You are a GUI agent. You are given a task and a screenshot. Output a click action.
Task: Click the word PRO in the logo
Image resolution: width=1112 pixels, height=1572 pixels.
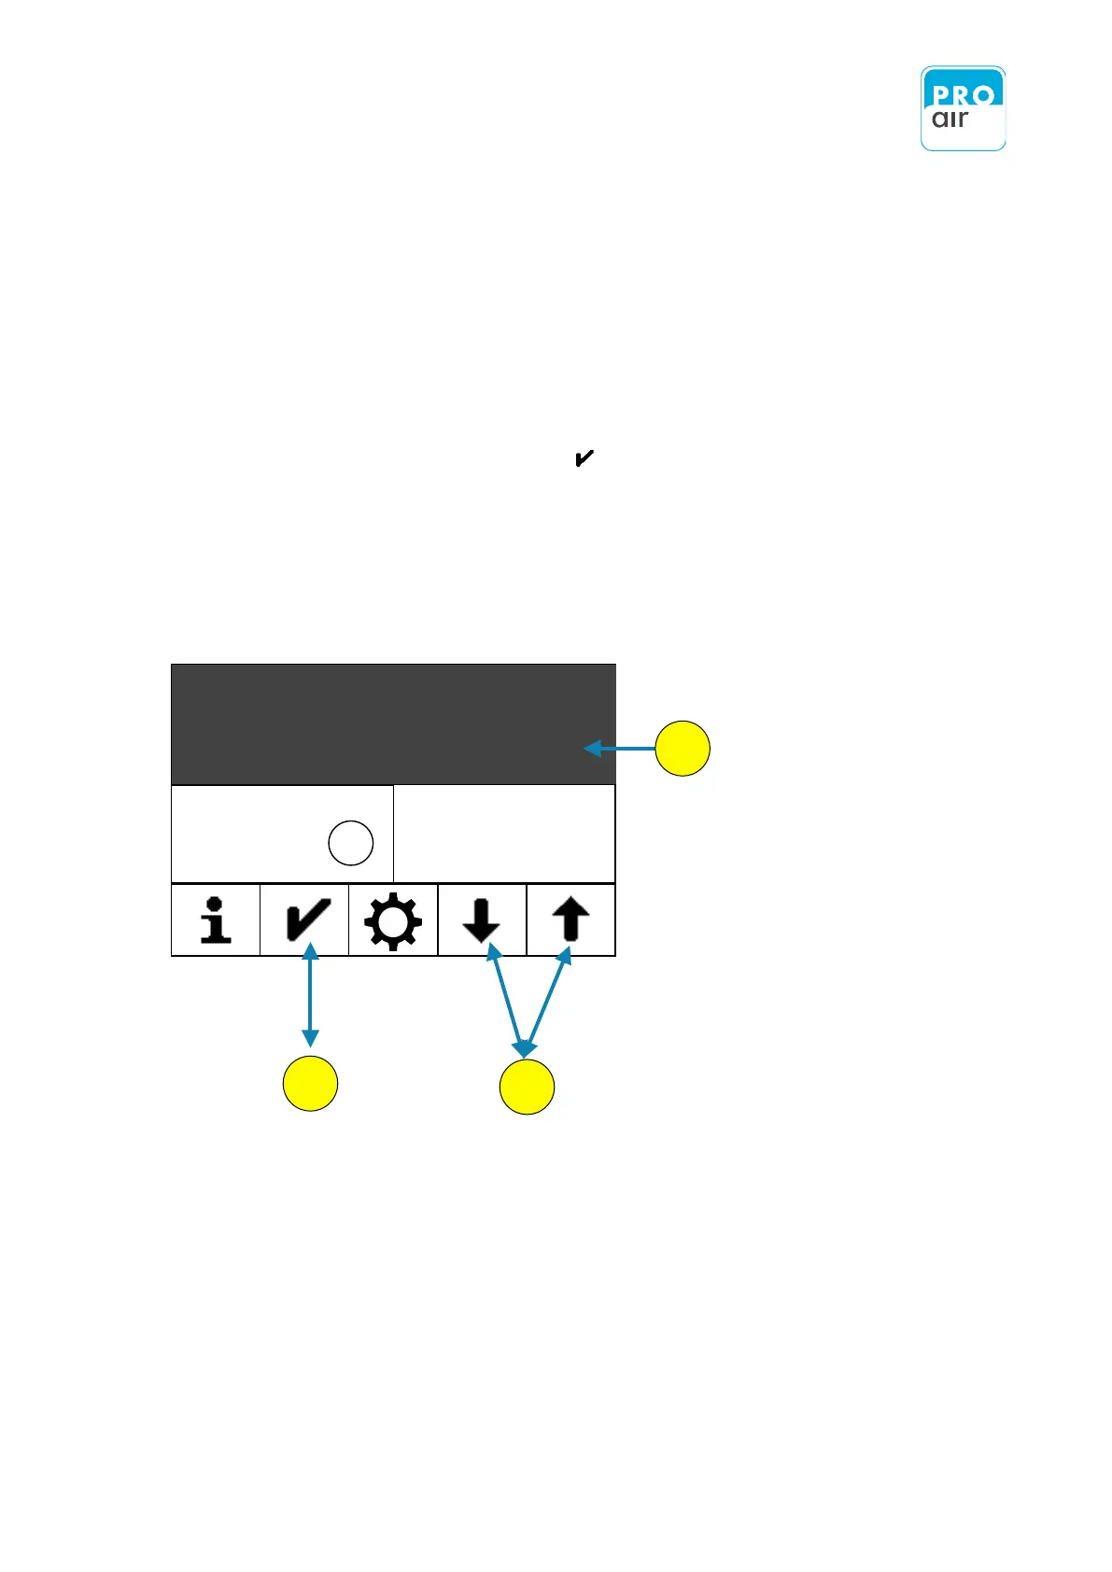[x=962, y=94]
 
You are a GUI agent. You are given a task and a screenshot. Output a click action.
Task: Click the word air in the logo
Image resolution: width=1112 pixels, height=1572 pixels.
[x=950, y=119]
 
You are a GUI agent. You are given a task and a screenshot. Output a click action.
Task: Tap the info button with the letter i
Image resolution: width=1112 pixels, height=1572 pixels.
[x=216, y=920]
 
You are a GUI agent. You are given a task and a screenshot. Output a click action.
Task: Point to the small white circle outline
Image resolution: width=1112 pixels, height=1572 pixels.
[x=351, y=843]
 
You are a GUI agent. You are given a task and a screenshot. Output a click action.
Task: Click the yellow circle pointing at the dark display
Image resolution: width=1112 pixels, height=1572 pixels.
[x=683, y=749]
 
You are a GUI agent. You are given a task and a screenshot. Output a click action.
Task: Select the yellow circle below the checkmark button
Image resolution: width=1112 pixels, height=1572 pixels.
[x=310, y=1084]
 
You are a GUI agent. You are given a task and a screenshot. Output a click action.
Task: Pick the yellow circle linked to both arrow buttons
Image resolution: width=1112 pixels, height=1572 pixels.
[x=527, y=1087]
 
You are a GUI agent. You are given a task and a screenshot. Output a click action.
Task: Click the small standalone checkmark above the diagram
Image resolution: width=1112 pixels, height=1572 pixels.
[x=584, y=458]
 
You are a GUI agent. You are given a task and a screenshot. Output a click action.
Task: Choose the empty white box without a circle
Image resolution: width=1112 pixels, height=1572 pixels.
[x=504, y=834]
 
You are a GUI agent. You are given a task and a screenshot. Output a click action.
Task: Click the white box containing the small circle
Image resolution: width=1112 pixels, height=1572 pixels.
[x=252, y=834]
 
